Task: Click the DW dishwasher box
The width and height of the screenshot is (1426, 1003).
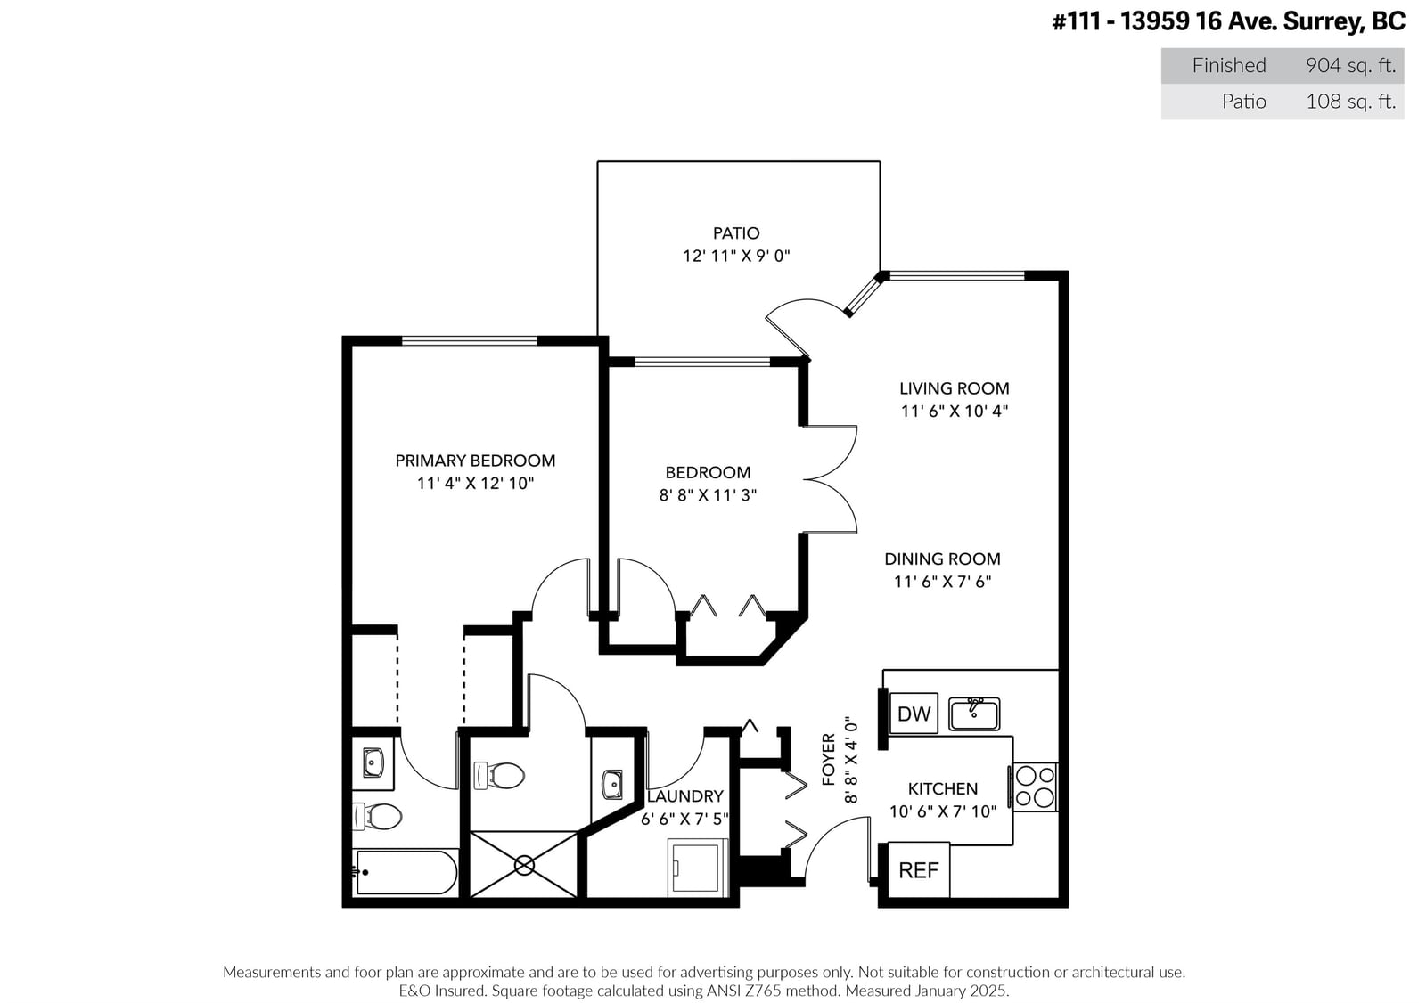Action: [x=914, y=713]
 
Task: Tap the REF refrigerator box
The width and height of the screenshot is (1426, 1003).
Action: [x=918, y=870]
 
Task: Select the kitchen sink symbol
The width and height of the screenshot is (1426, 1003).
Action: [x=973, y=714]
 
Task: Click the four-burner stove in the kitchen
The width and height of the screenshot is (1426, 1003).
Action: [x=1035, y=787]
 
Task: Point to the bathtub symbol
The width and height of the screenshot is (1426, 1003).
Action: [x=406, y=873]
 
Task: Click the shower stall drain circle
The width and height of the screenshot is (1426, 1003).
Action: [x=524, y=866]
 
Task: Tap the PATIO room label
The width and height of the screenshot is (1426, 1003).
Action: [x=736, y=232]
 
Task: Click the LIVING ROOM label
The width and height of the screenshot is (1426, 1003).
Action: [x=954, y=388]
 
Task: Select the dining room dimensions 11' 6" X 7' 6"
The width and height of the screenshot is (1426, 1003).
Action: [x=942, y=582]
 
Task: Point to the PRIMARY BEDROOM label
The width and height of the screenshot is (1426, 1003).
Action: [x=475, y=461]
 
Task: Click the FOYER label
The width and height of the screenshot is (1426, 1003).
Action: [x=828, y=759]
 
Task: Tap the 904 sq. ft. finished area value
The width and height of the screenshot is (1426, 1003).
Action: [x=1350, y=66]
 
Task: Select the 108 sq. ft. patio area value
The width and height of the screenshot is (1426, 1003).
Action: [x=1350, y=102]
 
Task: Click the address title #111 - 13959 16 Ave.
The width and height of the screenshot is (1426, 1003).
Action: [x=1153, y=21]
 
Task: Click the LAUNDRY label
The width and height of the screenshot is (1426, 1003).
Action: [x=685, y=796]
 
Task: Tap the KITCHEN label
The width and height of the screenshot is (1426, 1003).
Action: [x=942, y=789]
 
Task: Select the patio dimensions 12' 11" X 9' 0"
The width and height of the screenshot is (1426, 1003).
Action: [x=736, y=256]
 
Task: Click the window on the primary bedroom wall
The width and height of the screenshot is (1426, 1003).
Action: [x=469, y=342]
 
